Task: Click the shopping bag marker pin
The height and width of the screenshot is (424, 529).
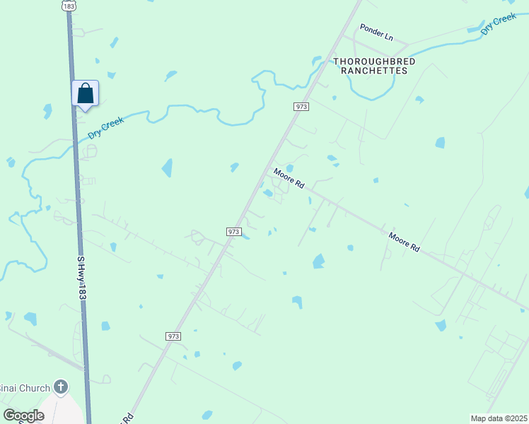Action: [85, 93]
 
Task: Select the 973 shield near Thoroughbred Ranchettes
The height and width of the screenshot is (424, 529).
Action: [301, 106]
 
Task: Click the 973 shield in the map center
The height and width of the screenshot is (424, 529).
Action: [235, 232]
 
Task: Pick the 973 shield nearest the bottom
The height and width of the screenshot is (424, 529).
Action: [173, 336]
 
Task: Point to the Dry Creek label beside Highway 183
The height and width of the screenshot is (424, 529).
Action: [106, 127]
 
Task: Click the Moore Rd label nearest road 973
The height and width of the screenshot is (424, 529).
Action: [289, 178]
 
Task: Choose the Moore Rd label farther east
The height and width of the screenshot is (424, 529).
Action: [405, 242]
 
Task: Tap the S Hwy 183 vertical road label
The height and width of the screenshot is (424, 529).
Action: [81, 279]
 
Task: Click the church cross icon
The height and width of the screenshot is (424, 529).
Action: [62, 387]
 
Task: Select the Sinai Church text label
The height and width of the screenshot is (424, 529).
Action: [25, 388]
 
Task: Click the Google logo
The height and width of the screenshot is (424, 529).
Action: [23, 416]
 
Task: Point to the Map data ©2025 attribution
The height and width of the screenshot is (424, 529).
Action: [499, 418]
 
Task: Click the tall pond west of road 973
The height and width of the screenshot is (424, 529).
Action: [167, 167]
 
